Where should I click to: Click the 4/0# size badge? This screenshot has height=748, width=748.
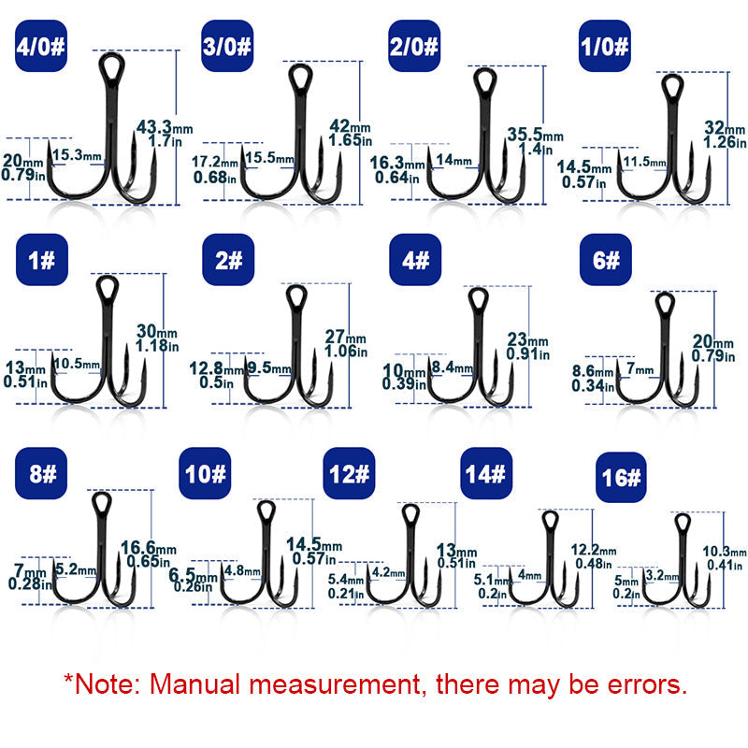coord(41,46)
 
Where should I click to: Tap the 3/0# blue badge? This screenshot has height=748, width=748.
coord(227,46)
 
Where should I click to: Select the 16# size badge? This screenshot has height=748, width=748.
coord(621,477)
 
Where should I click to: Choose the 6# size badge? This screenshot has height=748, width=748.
coord(605,260)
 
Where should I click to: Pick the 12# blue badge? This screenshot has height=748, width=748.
coord(349,473)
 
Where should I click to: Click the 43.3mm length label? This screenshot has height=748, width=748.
coord(165,127)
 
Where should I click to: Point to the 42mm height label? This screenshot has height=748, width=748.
coord(350,126)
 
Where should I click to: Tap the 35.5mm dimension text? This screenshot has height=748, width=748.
coord(535,135)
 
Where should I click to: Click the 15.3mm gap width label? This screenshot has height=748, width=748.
coord(77,154)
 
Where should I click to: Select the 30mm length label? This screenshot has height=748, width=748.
coord(156,331)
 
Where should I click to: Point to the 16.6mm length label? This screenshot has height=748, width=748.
coord(149,548)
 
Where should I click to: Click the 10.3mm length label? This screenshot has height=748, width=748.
coord(724,552)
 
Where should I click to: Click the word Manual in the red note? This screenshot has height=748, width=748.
coord(194,684)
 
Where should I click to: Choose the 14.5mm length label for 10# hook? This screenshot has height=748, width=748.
coord(314,544)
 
